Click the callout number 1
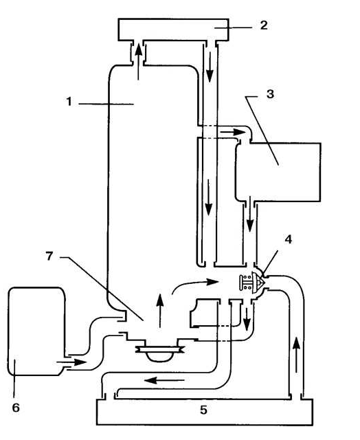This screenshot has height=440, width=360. point(69,101)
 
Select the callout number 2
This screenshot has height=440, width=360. point(264,25)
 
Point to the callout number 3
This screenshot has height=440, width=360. point(270,94)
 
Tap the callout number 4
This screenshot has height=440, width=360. point(289,239)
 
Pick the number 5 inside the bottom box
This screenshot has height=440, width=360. point(204,410)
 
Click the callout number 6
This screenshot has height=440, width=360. point(16,408)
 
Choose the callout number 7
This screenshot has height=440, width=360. point(49,256)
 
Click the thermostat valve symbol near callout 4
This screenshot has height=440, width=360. point(252,283)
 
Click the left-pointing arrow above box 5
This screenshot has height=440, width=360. point(164,380)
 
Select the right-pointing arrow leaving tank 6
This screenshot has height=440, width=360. point(71,362)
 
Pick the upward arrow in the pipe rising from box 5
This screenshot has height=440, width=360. point(297,355)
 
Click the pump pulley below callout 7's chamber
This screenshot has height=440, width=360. point(159,349)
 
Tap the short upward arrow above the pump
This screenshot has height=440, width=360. point(160,310)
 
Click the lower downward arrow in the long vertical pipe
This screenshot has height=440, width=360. point(208,197)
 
